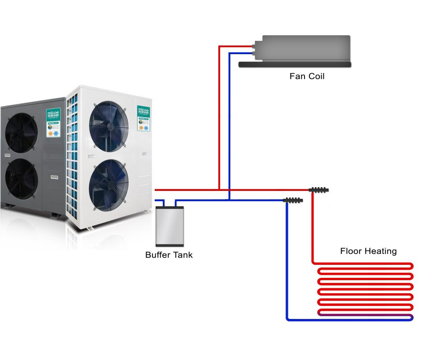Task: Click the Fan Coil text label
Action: (307, 76)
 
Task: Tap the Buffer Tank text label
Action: (169, 255)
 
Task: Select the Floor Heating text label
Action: (368, 251)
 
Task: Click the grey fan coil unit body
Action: (302, 48)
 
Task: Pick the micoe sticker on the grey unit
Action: (53, 121)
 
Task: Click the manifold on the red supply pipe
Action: (319, 190)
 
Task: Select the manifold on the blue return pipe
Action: (293, 200)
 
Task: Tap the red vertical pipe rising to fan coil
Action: (219, 117)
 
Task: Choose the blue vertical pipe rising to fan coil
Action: (230, 126)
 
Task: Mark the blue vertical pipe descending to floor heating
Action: (287, 262)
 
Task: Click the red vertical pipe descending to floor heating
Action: (312, 230)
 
